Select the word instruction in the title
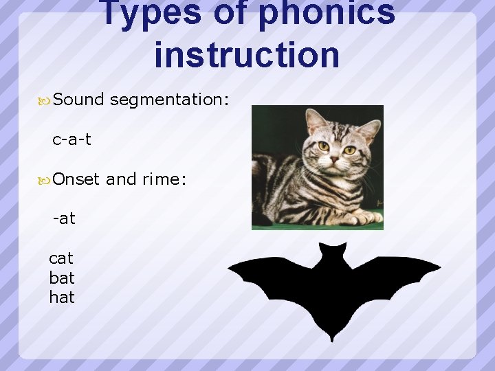pyautogui.click(x=247, y=55)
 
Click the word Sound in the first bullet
pyautogui.click(x=78, y=100)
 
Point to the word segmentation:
pyautogui.click(x=169, y=100)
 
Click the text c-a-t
pyautogui.click(x=71, y=139)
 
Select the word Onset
pyautogui.click(x=77, y=179)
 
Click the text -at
pyautogui.click(x=65, y=219)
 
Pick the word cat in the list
pyautogui.click(x=61, y=258)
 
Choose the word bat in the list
pyautogui.click(x=62, y=278)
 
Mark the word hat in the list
pyautogui.click(x=62, y=297)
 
